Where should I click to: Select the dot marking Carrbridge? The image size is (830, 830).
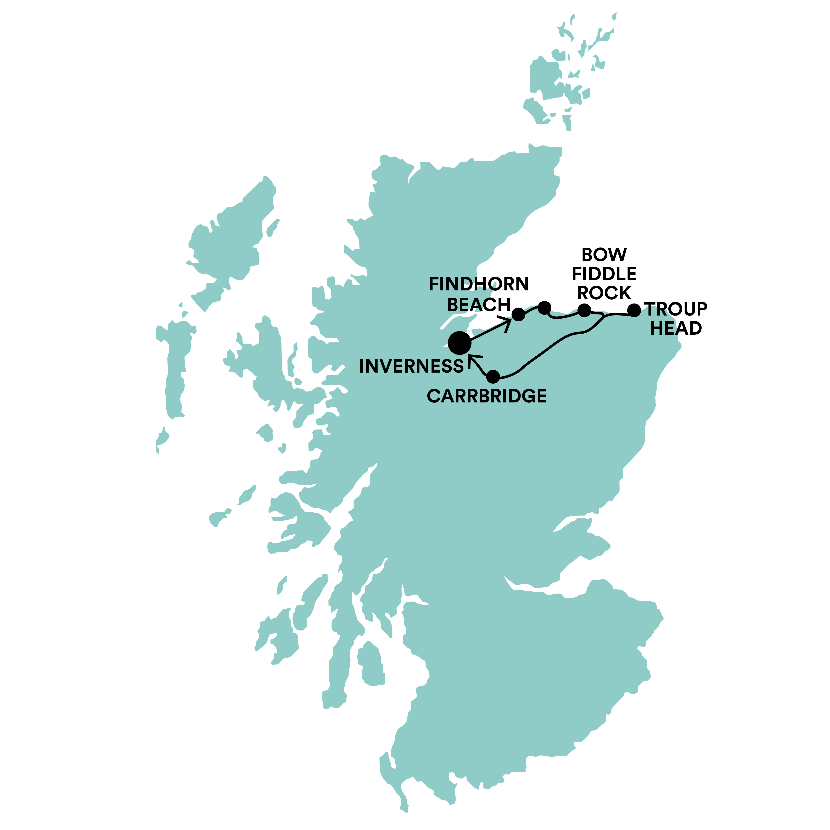click(493, 377)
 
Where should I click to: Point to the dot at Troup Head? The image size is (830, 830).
click(634, 310)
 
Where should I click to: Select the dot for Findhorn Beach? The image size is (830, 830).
click(519, 314)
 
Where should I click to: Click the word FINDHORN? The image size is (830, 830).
click(479, 284)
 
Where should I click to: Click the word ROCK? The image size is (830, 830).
click(604, 293)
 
